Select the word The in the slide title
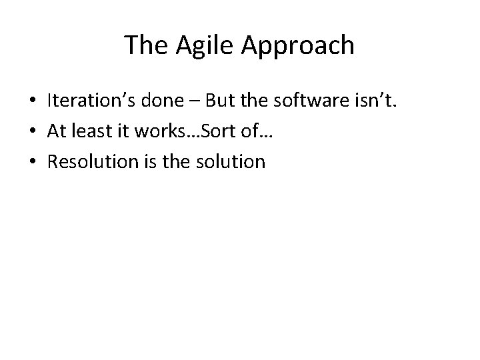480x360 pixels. click(142, 46)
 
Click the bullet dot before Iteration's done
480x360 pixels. click(32, 101)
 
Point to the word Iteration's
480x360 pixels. click(91, 100)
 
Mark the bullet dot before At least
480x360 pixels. click(32, 131)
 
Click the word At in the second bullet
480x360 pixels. click(57, 131)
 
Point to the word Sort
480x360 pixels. click(221, 131)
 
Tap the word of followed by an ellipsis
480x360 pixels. click(255, 131)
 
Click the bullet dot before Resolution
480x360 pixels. click(32, 162)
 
